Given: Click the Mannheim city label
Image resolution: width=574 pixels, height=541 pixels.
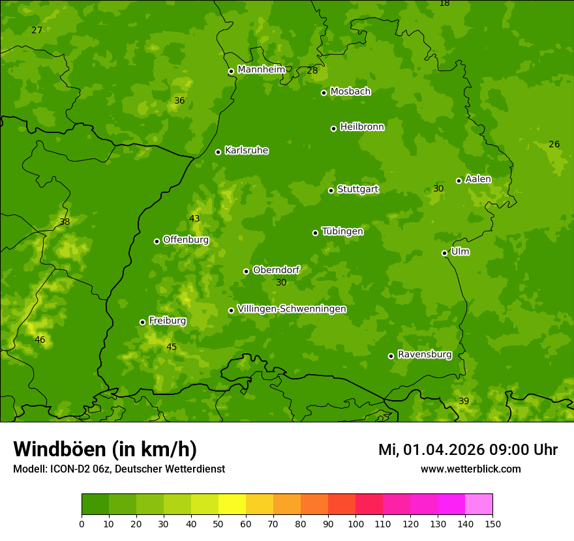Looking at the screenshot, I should pos(261,70).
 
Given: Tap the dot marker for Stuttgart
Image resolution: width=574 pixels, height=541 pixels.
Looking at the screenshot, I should pos(331,190).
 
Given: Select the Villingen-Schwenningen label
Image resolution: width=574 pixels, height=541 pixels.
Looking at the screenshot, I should pos(292,309).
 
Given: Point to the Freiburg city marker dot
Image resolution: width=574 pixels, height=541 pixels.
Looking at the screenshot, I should pos(142,322).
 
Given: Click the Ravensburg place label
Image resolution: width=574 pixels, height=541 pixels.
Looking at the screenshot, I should pos(425,355).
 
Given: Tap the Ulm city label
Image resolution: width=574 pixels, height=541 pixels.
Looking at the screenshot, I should pos(460,252).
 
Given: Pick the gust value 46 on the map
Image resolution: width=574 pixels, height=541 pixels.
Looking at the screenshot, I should pos(40,340).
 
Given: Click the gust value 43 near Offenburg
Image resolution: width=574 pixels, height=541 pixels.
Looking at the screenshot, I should pos(194,218).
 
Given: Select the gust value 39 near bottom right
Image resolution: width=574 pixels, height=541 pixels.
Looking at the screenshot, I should pos(464,401).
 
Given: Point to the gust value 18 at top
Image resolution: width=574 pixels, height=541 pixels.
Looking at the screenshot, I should pos(444,4).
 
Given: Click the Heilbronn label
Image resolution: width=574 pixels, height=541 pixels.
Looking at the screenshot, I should pos(362,127).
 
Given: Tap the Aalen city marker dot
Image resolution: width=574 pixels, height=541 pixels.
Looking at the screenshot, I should pos(459,181).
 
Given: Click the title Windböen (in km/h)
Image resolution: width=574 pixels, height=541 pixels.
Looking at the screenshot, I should pos(105,449).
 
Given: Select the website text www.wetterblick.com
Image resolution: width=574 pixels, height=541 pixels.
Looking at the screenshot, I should pos(470,469).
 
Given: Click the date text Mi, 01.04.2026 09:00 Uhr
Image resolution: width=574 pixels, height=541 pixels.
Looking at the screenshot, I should pos(468,450).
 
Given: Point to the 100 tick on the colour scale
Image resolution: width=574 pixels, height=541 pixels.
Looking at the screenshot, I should pos(355,523).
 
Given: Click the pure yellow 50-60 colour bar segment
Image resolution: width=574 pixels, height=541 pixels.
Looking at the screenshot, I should pos(232,504).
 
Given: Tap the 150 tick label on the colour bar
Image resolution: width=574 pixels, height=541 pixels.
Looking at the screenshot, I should pos(492,523).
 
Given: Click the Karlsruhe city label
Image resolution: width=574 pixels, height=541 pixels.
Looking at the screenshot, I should pos(247,151).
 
